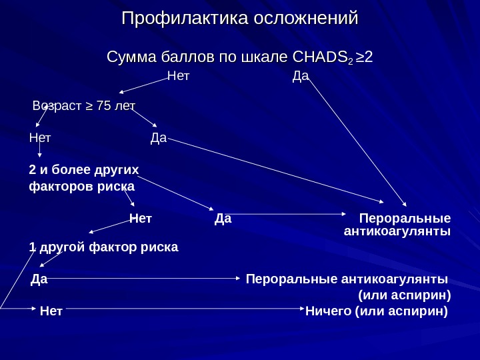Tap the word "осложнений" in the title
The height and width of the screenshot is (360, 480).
point(304,18)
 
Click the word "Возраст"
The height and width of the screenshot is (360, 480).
point(56,106)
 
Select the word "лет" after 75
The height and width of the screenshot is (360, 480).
point(125,106)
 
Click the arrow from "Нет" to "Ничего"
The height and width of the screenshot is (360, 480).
point(183,309)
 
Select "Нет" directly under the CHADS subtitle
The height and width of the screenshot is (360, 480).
point(177,75)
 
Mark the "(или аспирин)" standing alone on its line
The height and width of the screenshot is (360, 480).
point(405,294)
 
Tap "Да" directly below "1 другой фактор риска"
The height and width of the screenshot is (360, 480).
point(39,278)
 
